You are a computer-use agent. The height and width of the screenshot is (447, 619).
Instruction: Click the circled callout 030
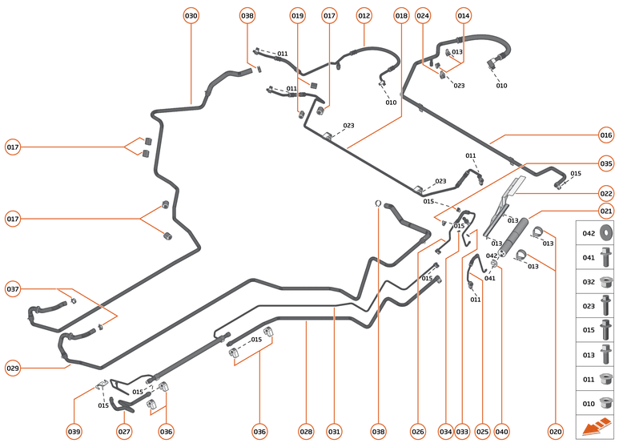click(x=191, y=15)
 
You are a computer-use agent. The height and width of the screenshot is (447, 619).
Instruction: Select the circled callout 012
click(x=364, y=15)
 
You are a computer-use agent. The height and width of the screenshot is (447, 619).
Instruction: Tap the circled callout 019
click(x=298, y=15)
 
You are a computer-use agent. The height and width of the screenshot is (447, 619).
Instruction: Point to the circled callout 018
click(x=401, y=15)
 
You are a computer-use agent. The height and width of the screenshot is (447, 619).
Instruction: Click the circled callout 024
click(x=423, y=15)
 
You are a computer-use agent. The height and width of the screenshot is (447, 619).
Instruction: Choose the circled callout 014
click(x=464, y=15)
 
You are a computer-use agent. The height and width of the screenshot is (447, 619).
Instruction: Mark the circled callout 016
click(x=606, y=135)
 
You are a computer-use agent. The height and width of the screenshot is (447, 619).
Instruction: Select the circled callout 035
click(x=606, y=163)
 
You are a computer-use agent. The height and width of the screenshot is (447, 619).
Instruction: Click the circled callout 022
click(x=606, y=193)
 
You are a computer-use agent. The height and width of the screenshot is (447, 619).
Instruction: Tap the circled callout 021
click(x=606, y=211)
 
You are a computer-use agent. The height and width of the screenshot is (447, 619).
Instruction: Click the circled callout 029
click(x=13, y=368)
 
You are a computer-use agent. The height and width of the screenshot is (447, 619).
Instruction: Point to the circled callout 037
click(x=13, y=288)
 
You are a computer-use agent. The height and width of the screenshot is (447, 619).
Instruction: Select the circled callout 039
click(x=74, y=432)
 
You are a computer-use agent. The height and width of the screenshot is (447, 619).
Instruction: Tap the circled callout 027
click(x=124, y=432)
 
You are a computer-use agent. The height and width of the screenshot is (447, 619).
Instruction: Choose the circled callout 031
click(x=334, y=432)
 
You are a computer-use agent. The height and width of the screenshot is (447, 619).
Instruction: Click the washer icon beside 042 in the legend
click(x=606, y=233)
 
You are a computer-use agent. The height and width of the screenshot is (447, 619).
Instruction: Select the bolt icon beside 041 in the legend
click(x=606, y=257)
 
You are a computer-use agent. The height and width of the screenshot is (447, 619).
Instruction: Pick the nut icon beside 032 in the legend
click(x=606, y=281)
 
